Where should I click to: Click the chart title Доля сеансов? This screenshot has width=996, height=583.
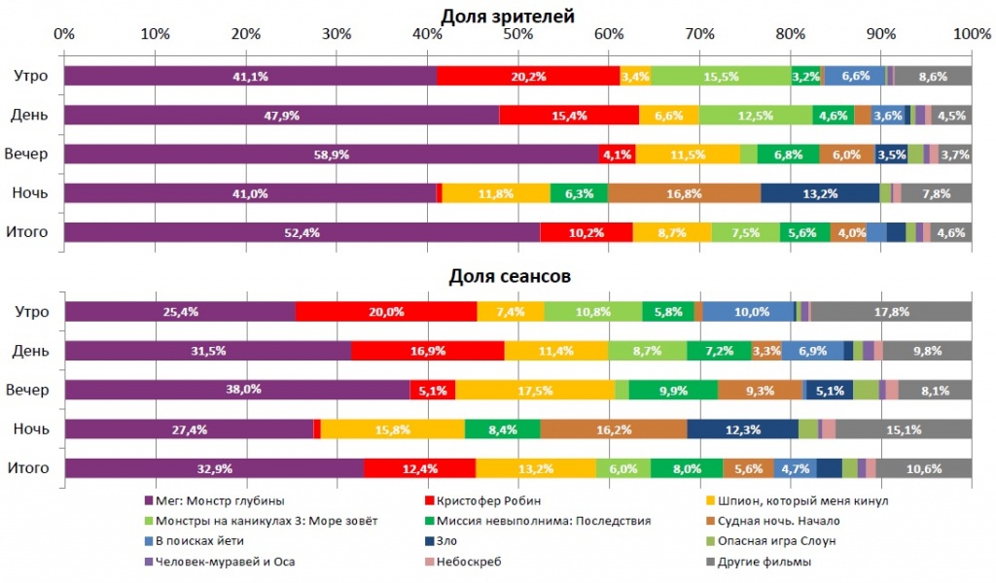pos(510,276)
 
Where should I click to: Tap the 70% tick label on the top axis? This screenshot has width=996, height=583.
pos(699,34)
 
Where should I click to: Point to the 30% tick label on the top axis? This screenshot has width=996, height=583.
pos(337,34)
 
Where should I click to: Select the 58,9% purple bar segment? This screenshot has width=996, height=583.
pos(331,154)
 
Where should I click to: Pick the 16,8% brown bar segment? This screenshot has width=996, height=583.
pos(684,193)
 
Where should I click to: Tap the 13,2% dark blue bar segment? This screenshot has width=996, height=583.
pos(820,193)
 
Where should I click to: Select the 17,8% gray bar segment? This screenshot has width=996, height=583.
pos(891,312)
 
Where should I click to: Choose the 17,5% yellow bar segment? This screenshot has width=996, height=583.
pos(535,391)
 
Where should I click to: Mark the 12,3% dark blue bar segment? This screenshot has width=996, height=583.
pos(742,429)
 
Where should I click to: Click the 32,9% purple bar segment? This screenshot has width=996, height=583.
pos(214,469)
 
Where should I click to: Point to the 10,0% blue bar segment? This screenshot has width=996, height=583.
pos(748,312)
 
